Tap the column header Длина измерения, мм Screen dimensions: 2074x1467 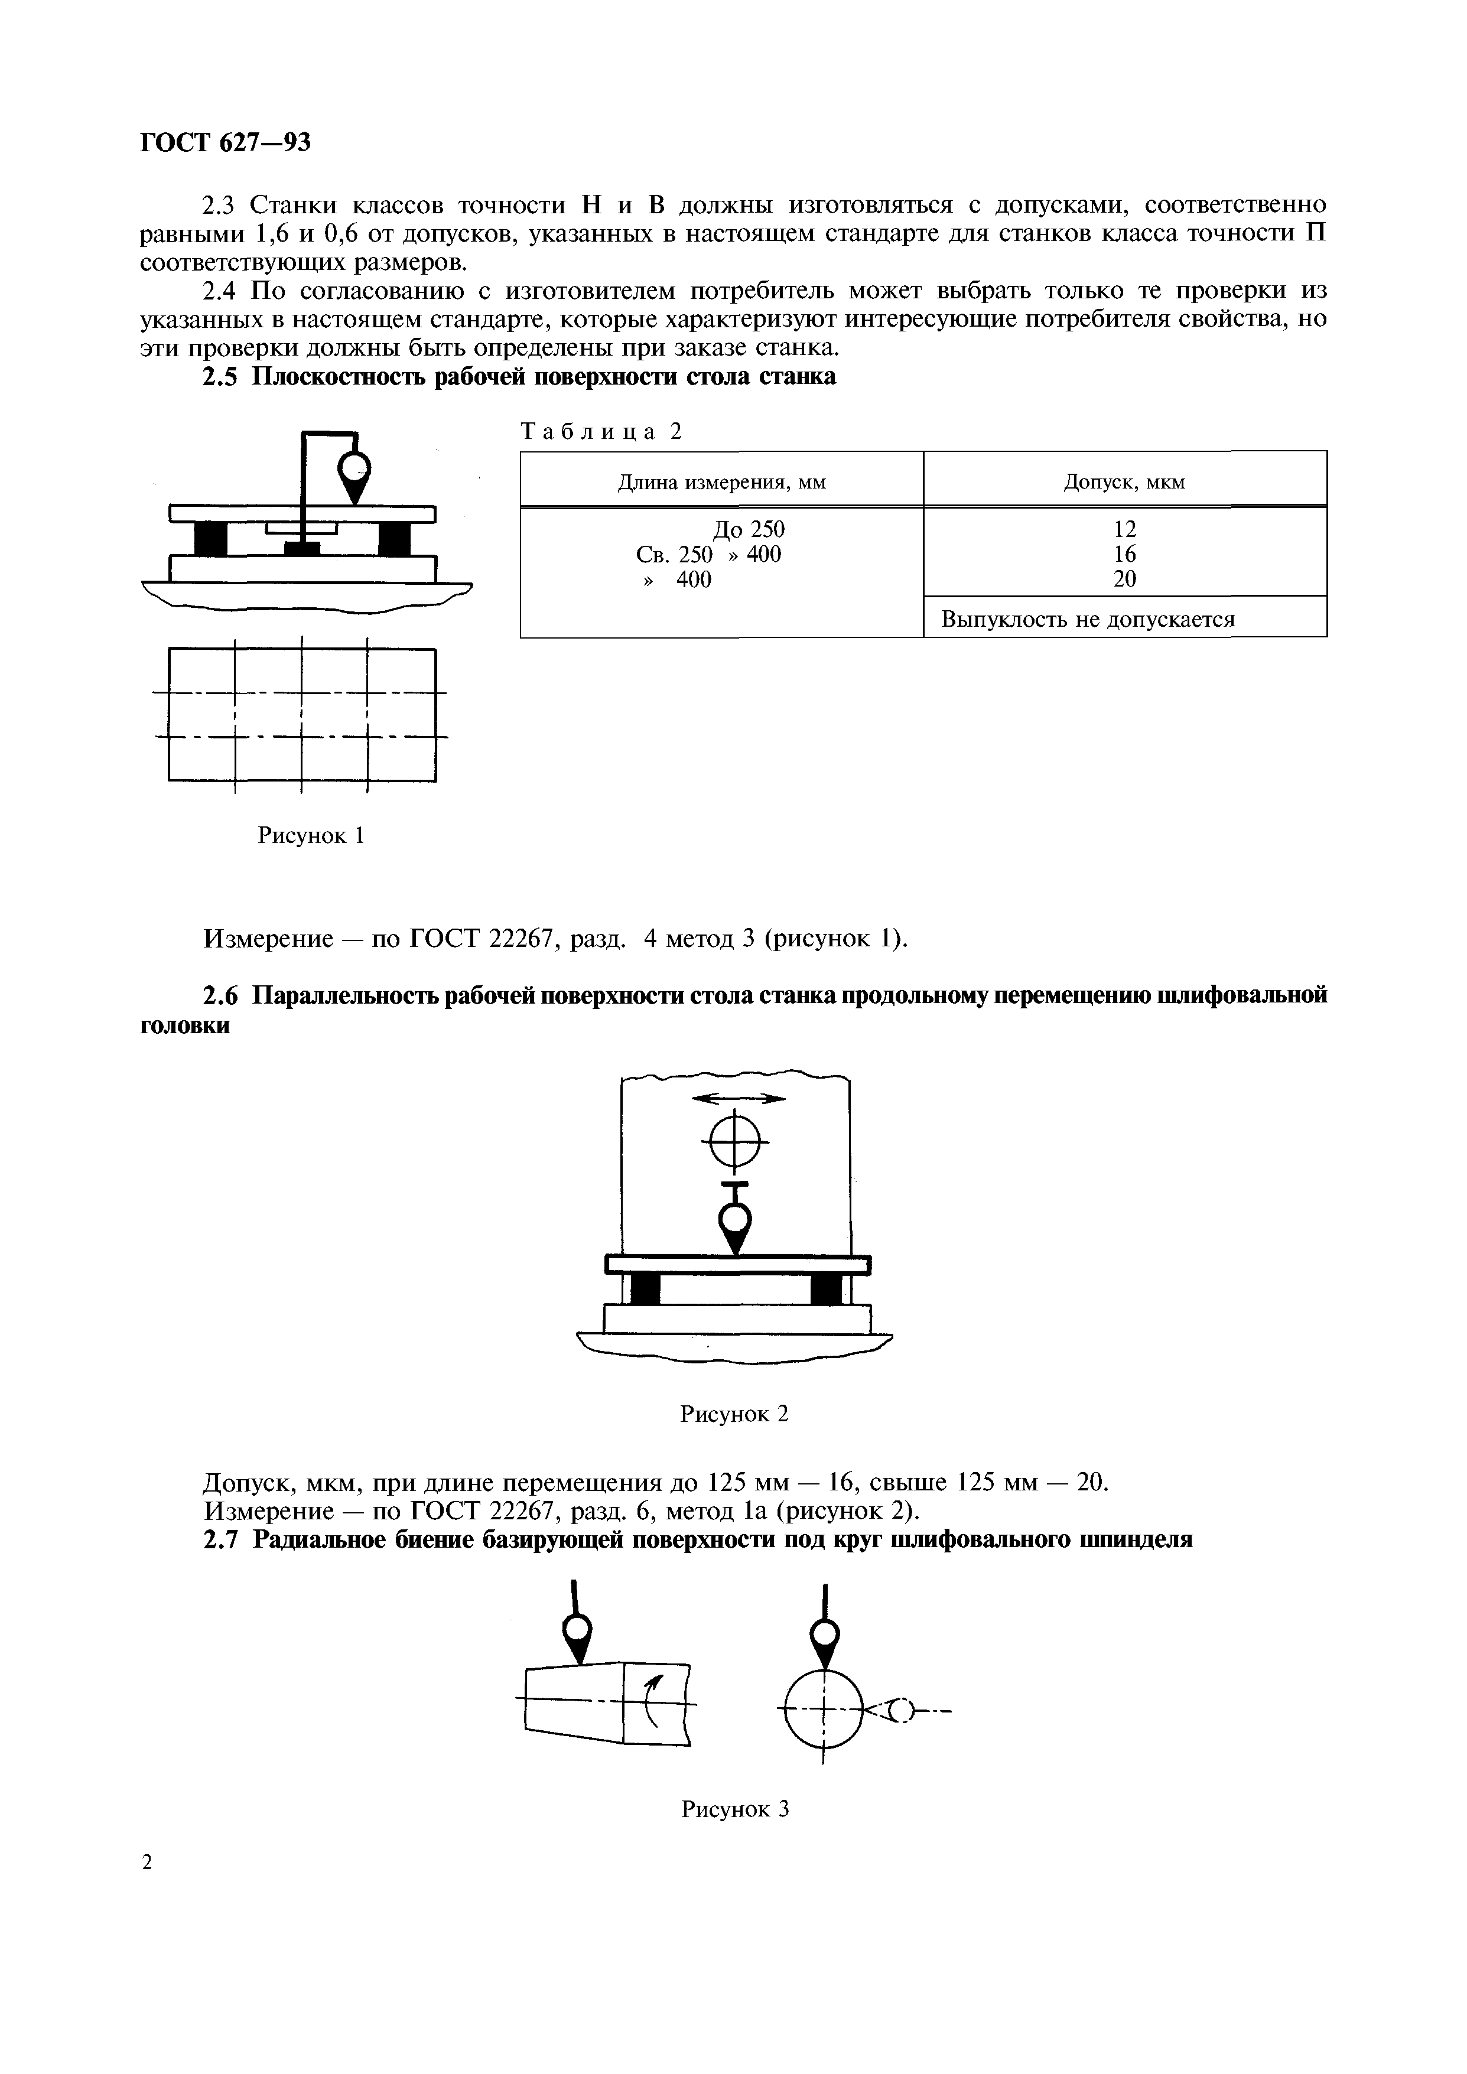coord(721,483)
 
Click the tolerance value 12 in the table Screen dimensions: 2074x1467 coord(1125,529)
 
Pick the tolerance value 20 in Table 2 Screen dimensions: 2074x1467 coord(1125,579)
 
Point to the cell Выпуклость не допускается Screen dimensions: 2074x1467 coord(1088,620)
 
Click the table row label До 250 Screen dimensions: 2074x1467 coord(749,529)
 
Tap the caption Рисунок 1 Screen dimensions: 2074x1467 coord(311,835)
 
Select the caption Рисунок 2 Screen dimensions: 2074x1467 coord(734,1414)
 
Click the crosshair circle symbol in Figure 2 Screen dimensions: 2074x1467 coord(736,1142)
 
